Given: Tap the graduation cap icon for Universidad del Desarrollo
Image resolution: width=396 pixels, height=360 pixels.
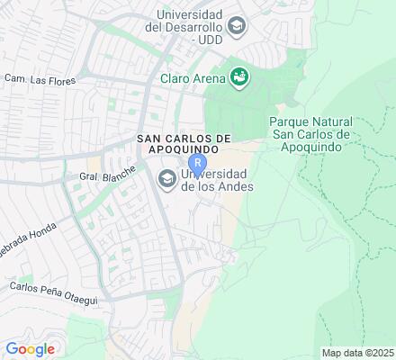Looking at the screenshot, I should click(237, 25).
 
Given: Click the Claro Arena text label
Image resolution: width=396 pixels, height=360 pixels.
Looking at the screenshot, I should click(192, 79).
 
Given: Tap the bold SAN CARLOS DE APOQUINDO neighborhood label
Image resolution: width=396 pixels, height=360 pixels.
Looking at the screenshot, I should click(184, 145).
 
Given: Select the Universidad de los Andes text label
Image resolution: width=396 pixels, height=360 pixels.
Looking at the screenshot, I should click(218, 180).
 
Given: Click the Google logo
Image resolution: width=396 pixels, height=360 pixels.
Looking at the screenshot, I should click(30, 349).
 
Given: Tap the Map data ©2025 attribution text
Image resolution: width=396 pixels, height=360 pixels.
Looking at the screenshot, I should click(358, 352).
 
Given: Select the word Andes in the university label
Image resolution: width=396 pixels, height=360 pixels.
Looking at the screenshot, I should click(235, 186).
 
